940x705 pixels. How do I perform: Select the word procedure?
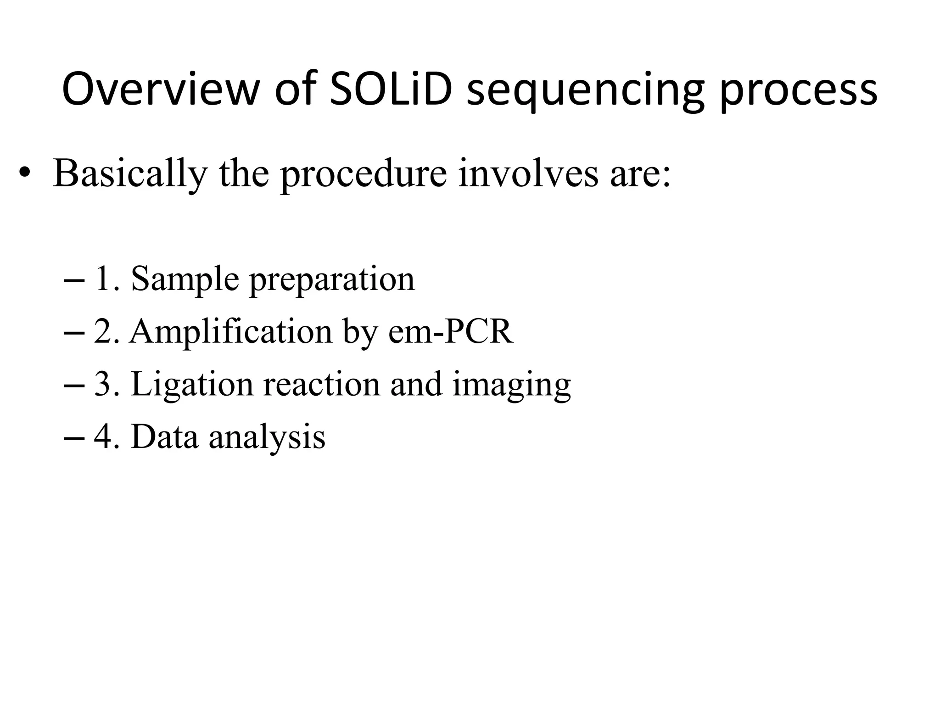click(x=363, y=174)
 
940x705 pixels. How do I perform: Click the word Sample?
click(x=185, y=279)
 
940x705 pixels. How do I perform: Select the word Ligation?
click(x=192, y=385)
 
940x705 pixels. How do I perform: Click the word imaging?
click(x=511, y=386)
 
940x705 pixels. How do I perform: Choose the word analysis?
click(x=267, y=437)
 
